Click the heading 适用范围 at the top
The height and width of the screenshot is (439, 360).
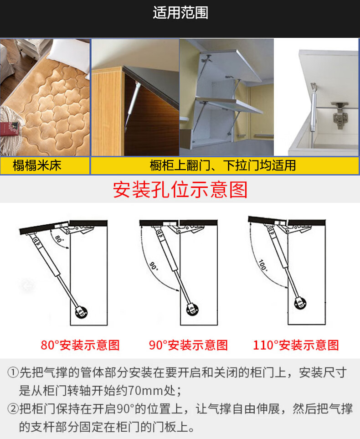(180, 13)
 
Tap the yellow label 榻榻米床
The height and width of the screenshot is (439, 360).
(37, 165)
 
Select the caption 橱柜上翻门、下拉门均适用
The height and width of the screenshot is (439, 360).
(223, 165)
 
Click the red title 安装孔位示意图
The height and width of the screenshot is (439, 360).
(180, 190)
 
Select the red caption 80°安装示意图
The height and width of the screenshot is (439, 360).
(80, 345)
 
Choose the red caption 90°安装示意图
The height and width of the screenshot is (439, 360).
(188, 345)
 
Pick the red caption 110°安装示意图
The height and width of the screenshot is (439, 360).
(296, 345)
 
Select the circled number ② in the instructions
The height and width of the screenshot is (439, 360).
(12, 409)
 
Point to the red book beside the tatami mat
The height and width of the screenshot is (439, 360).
(8, 128)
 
